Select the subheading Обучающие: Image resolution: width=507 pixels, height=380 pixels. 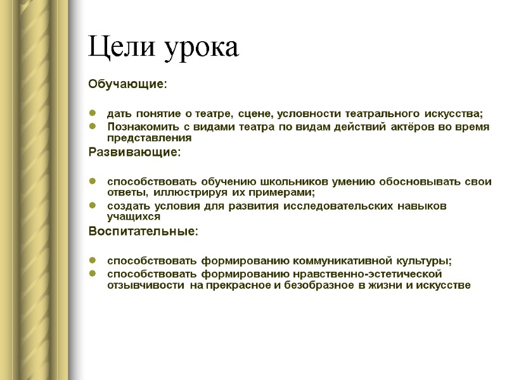(127, 84)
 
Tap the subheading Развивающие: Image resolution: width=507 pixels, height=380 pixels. (134, 153)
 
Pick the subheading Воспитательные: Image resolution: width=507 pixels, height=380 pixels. (143, 232)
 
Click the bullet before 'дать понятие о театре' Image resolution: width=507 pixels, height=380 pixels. (93, 114)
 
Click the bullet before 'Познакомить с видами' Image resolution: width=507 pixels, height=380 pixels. (93, 127)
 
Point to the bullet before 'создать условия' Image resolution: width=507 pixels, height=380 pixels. (93, 206)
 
